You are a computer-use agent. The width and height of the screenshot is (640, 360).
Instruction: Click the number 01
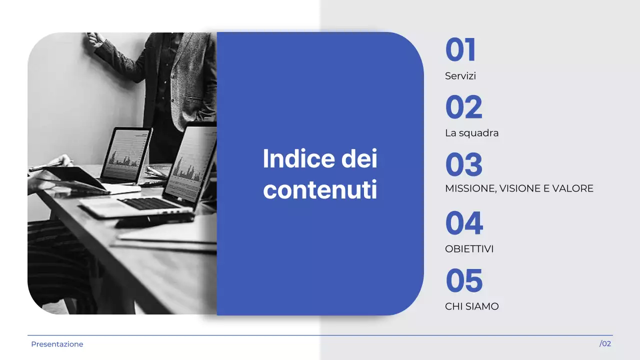pyautogui.click(x=460, y=50)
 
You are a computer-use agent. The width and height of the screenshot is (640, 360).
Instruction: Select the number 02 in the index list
pyautogui.click(x=463, y=107)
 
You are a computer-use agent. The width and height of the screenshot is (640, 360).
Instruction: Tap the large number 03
pyautogui.click(x=463, y=165)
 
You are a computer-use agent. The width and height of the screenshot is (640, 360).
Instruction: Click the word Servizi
pyautogui.click(x=460, y=76)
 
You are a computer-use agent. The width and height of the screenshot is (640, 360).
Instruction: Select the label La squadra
pyautogui.click(x=471, y=133)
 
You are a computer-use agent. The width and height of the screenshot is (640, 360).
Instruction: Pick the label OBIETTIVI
pyautogui.click(x=469, y=249)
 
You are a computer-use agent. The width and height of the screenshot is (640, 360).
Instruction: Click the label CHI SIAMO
pyautogui.click(x=471, y=306)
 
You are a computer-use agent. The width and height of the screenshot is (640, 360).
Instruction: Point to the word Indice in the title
pyautogui.click(x=291, y=159)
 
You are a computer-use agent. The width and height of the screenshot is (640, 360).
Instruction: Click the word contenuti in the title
pyautogui.click(x=320, y=190)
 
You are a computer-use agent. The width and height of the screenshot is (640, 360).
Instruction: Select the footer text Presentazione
pyautogui.click(x=57, y=344)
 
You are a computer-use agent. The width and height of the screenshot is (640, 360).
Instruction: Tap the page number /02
pyautogui.click(x=605, y=344)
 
